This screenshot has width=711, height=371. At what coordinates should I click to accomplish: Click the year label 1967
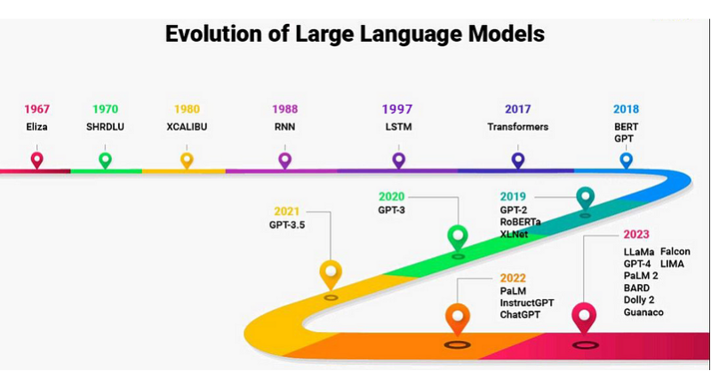(36, 109)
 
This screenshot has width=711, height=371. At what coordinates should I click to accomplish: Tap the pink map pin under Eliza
(36, 160)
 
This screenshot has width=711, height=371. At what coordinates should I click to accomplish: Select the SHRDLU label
(105, 127)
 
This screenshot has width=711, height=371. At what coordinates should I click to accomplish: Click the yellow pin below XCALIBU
(187, 160)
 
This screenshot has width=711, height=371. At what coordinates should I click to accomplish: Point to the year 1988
(284, 109)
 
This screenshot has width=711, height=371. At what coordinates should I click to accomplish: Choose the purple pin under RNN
(284, 160)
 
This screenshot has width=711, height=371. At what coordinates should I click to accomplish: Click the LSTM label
(397, 127)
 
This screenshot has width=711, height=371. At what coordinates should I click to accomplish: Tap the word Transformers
(517, 127)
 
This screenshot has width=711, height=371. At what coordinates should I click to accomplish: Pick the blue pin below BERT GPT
(626, 160)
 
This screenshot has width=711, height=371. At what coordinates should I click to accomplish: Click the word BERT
(626, 127)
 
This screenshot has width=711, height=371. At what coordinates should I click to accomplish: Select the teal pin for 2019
(585, 198)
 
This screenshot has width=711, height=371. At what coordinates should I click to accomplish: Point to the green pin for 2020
(458, 237)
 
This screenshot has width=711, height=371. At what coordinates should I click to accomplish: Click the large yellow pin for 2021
(331, 273)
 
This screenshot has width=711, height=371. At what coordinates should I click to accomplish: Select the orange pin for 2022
(457, 317)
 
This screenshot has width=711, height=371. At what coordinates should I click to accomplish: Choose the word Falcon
(675, 251)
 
